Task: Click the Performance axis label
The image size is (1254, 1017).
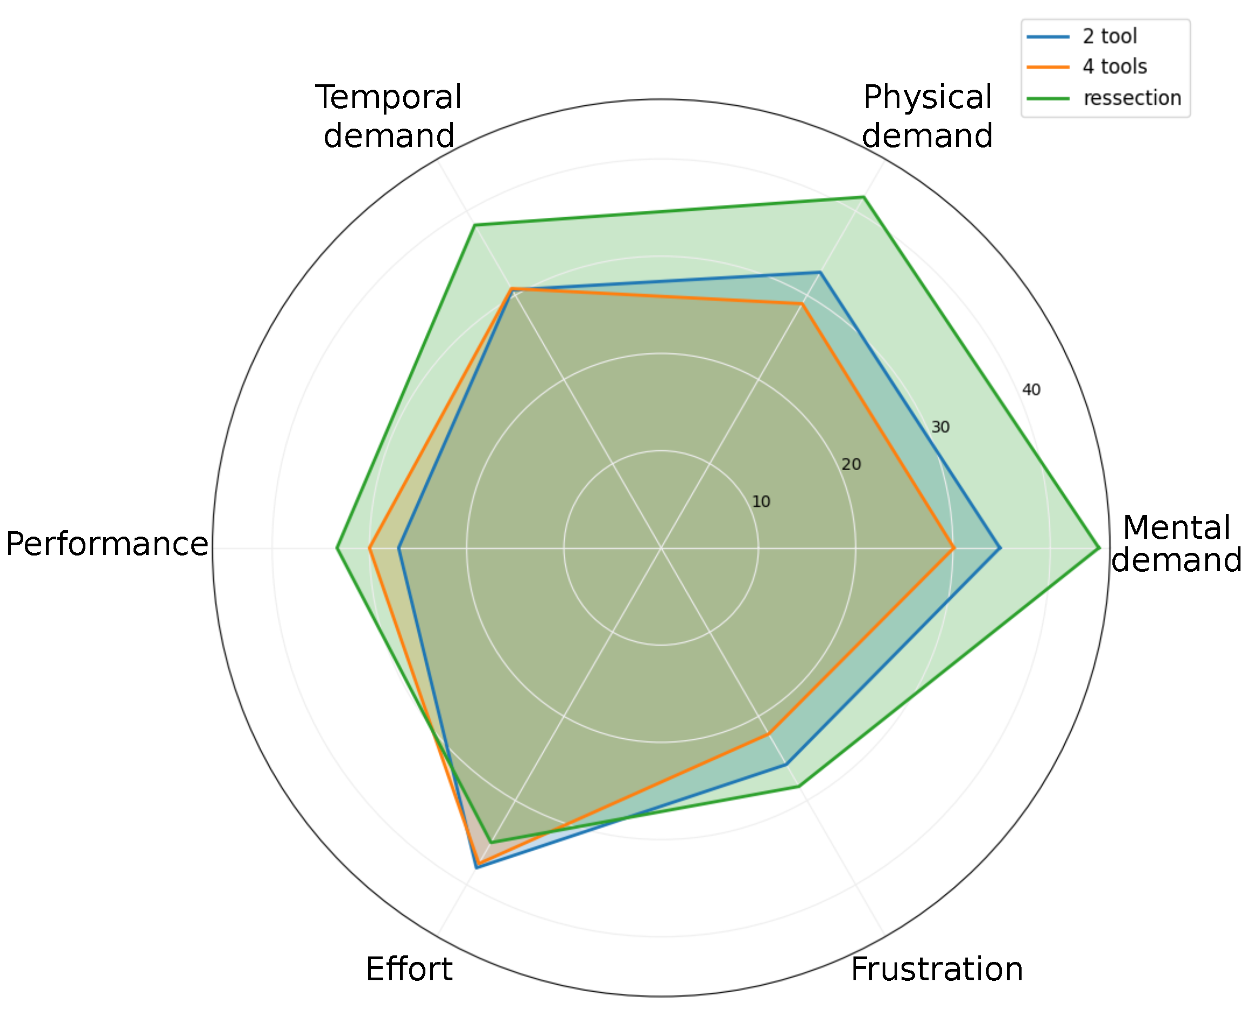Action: click(106, 544)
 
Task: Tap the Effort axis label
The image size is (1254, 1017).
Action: click(409, 969)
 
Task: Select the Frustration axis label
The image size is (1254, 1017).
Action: click(936, 969)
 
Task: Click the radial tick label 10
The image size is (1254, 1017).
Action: click(761, 501)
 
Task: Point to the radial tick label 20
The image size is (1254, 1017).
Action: click(851, 465)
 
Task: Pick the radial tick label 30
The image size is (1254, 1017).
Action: click(940, 427)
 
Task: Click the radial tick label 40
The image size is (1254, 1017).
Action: click(1031, 390)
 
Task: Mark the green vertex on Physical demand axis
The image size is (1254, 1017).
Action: click(863, 197)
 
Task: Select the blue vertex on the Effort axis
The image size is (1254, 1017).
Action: click(476, 868)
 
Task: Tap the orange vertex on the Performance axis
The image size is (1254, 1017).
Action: click(369, 548)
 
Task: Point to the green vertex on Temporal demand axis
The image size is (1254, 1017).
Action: click(475, 225)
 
